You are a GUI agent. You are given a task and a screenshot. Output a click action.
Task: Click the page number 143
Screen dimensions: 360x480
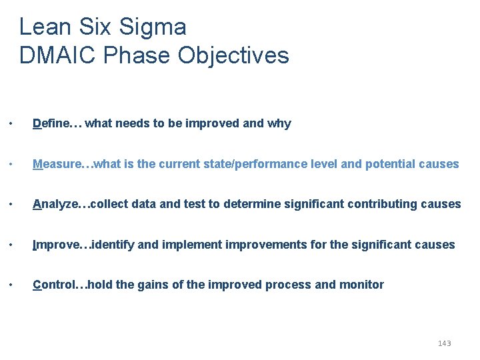pos(444,343)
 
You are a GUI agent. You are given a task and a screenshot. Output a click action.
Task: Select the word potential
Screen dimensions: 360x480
pos(389,164)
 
